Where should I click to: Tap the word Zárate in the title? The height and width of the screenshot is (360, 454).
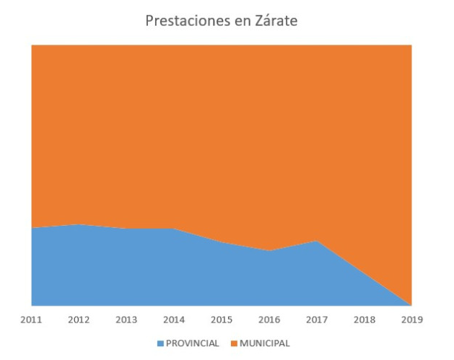click(x=273, y=21)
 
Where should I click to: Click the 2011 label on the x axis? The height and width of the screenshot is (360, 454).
click(x=31, y=319)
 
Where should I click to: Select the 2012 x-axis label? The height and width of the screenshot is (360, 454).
click(x=79, y=319)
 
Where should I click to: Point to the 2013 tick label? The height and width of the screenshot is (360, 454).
click(x=126, y=319)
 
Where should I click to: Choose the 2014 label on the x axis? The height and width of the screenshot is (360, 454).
click(x=174, y=319)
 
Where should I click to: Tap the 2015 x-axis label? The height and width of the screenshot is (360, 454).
click(x=222, y=319)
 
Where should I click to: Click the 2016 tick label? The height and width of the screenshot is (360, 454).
click(x=269, y=319)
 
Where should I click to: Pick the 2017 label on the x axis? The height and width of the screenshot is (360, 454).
click(x=316, y=319)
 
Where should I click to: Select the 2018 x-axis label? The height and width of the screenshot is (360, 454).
click(x=364, y=319)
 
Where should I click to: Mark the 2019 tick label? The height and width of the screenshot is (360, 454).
click(x=411, y=319)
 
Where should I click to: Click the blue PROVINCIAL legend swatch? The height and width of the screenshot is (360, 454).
click(x=160, y=343)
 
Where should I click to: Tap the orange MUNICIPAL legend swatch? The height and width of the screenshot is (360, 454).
click(x=234, y=343)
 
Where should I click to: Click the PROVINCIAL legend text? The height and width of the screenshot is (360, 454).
click(x=192, y=343)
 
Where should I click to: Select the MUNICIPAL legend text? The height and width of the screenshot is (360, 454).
click(x=264, y=343)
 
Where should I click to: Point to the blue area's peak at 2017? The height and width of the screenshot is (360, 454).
click(x=316, y=241)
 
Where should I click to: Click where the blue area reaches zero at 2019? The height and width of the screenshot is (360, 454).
click(x=411, y=304)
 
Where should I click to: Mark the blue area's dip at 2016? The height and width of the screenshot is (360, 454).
click(x=269, y=251)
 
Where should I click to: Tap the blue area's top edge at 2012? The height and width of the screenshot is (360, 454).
click(x=79, y=224)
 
